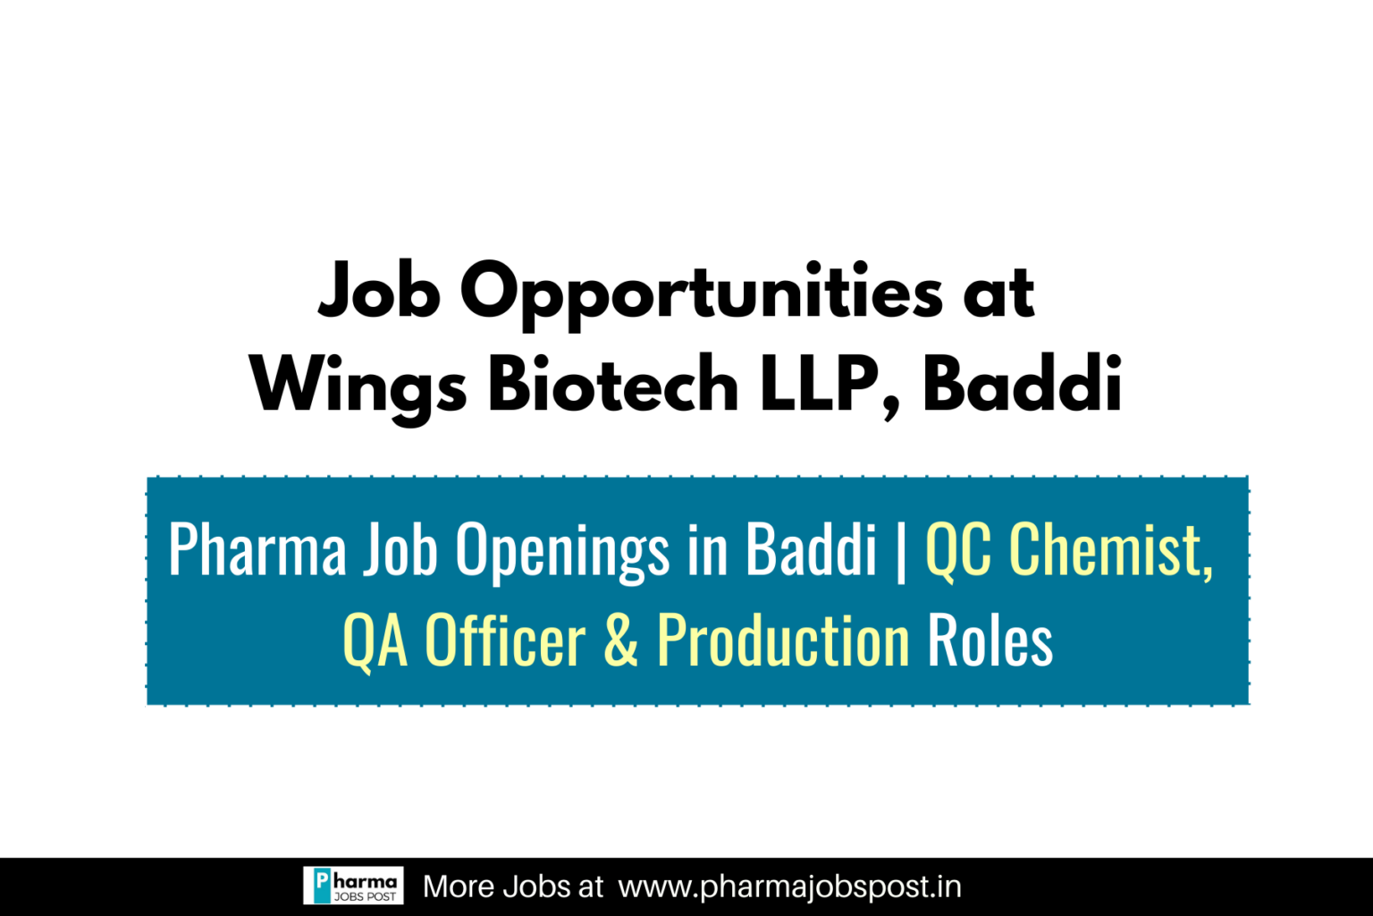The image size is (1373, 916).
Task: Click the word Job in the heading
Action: click(x=379, y=291)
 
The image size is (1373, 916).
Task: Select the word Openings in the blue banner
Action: click(x=562, y=551)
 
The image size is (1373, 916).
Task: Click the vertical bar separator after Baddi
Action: click(x=900, y=550)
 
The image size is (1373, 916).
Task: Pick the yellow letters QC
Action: click(x=958, y=549)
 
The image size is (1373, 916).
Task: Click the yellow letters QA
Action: click(x=375, y=640)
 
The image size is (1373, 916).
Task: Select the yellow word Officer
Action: click(x=504, y=640)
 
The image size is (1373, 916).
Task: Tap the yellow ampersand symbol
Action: click(x=621, y=640)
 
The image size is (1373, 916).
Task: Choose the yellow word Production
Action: click(x=783, y=640)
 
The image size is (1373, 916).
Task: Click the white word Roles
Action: click(x=990, y=640)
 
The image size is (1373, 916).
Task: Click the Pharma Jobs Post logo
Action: click(x=353, y=886)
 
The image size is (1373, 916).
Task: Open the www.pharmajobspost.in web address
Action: click(x=789, y=886)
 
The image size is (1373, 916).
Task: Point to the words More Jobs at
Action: click(x=513, y=886)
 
